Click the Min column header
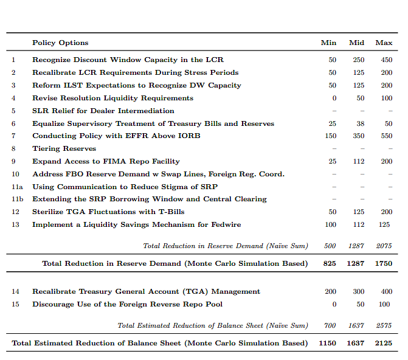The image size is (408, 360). click(x=328, y=43)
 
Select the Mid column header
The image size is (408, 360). click(x=356, y=43)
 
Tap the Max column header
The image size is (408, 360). click(x=384, y=43)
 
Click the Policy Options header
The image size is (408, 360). click(x=60, y=43)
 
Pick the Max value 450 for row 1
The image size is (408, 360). click(x=386, y=60)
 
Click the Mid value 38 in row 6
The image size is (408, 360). click(x=361, y=123)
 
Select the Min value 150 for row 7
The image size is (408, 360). click(x=330, y=136)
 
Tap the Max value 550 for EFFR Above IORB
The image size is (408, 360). click(x=386, y=136)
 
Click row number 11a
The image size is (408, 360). click(x=17, y=187)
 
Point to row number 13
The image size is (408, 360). click(x=15, y=224)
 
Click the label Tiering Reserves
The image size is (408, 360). click(x=64, y=148)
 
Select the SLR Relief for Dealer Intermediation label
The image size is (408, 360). click(x=103, y=111)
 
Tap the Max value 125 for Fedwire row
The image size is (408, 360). click(x=384, y=224)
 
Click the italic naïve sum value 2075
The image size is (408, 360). click(x=384, y=246)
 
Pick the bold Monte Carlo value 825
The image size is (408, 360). click(x=330, y=263)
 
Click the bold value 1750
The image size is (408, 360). click(x=384, y=263)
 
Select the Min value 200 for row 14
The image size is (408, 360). click(x=330, y=291)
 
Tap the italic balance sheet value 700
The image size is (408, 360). click(x=330, y=325)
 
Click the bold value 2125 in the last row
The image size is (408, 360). click(x=384, y=343)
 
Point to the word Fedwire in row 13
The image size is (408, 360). click(x=226, y=224)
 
